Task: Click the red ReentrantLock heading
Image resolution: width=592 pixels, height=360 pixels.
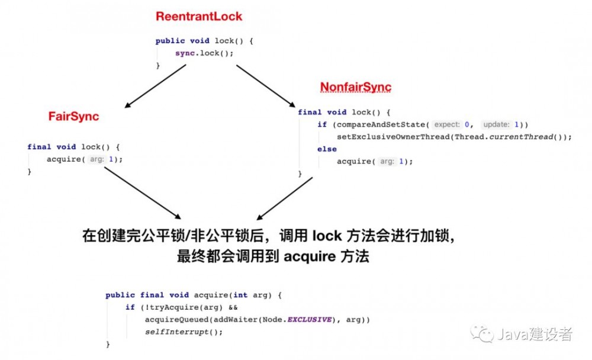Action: click(x=199, y=17)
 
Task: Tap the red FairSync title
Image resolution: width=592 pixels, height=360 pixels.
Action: click(x=73, y=117)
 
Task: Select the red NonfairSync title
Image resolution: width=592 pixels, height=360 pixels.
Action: click(x=355, y=88)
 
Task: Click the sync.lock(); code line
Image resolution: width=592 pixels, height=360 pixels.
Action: click(x=204, y=53)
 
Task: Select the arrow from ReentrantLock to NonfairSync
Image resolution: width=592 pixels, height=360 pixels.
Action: click(x=266, y=86)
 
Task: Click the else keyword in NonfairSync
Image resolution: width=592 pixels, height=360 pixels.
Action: click(x=327, y=149)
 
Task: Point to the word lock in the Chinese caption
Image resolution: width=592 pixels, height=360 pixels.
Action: click(x=327, y=236)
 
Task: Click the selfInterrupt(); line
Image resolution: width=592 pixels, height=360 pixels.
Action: click(x=184, y=332)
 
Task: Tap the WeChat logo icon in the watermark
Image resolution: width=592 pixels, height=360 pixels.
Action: click(x=481, y=335)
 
